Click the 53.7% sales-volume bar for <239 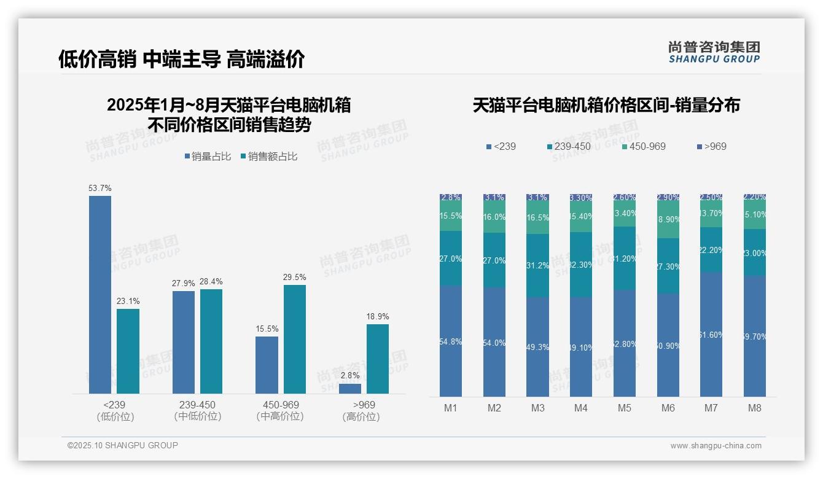pyautogui.click(x=100, y=295)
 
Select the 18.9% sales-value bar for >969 pyautogui.click(x=378, y=359)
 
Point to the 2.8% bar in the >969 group pyautogui.click(x=350, y=389)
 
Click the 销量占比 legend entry pyautogui.click(x=208, y=157)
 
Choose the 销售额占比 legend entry pyautogui.click(x=269, y=157)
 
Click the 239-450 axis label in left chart pyautogui.click(x=197, y=405)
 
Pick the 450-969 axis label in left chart pyautogui.click(x=280, y=405)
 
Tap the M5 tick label pyautogui.click(x=625, y=408)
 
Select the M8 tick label pyautogui.click(x=755, y=408)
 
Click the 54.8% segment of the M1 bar pyautogui.click(x=451, y=341)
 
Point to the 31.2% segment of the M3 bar pyautogui.click(x=538, y=266)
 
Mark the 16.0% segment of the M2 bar pyautogui.click(x=494, y=217)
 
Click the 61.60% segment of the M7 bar pyautogui.click(x=711, y=335)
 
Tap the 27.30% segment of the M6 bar pyautogui.click(x=668, y=266)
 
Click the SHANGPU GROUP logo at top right pyautogui.click(x=714, y=52)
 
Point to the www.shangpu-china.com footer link pyautogui.click(x=716, y=446)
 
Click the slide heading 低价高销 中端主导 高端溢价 pyautogui.click(x=182, y=60)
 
